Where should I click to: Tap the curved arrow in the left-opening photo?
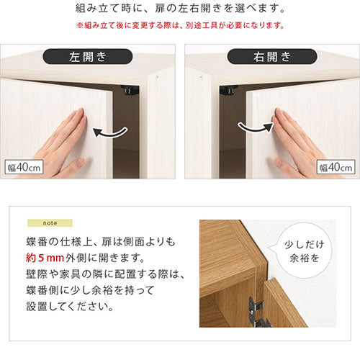click(111, 132)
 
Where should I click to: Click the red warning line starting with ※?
click(180, 25)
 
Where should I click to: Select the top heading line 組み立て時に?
click(180, 9)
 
